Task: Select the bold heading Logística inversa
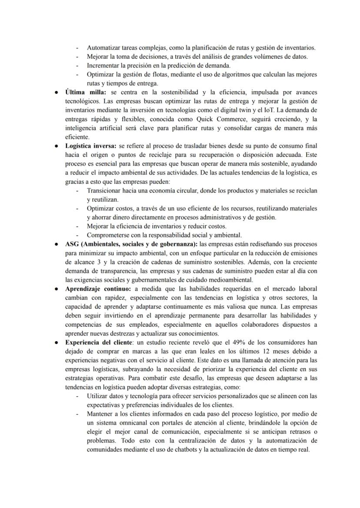(90, 146)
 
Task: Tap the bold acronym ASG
(72, 244)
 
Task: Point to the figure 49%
(232, 342)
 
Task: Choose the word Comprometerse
(109, 235)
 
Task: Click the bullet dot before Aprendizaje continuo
(57, 289)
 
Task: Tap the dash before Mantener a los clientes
(77, 414)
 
